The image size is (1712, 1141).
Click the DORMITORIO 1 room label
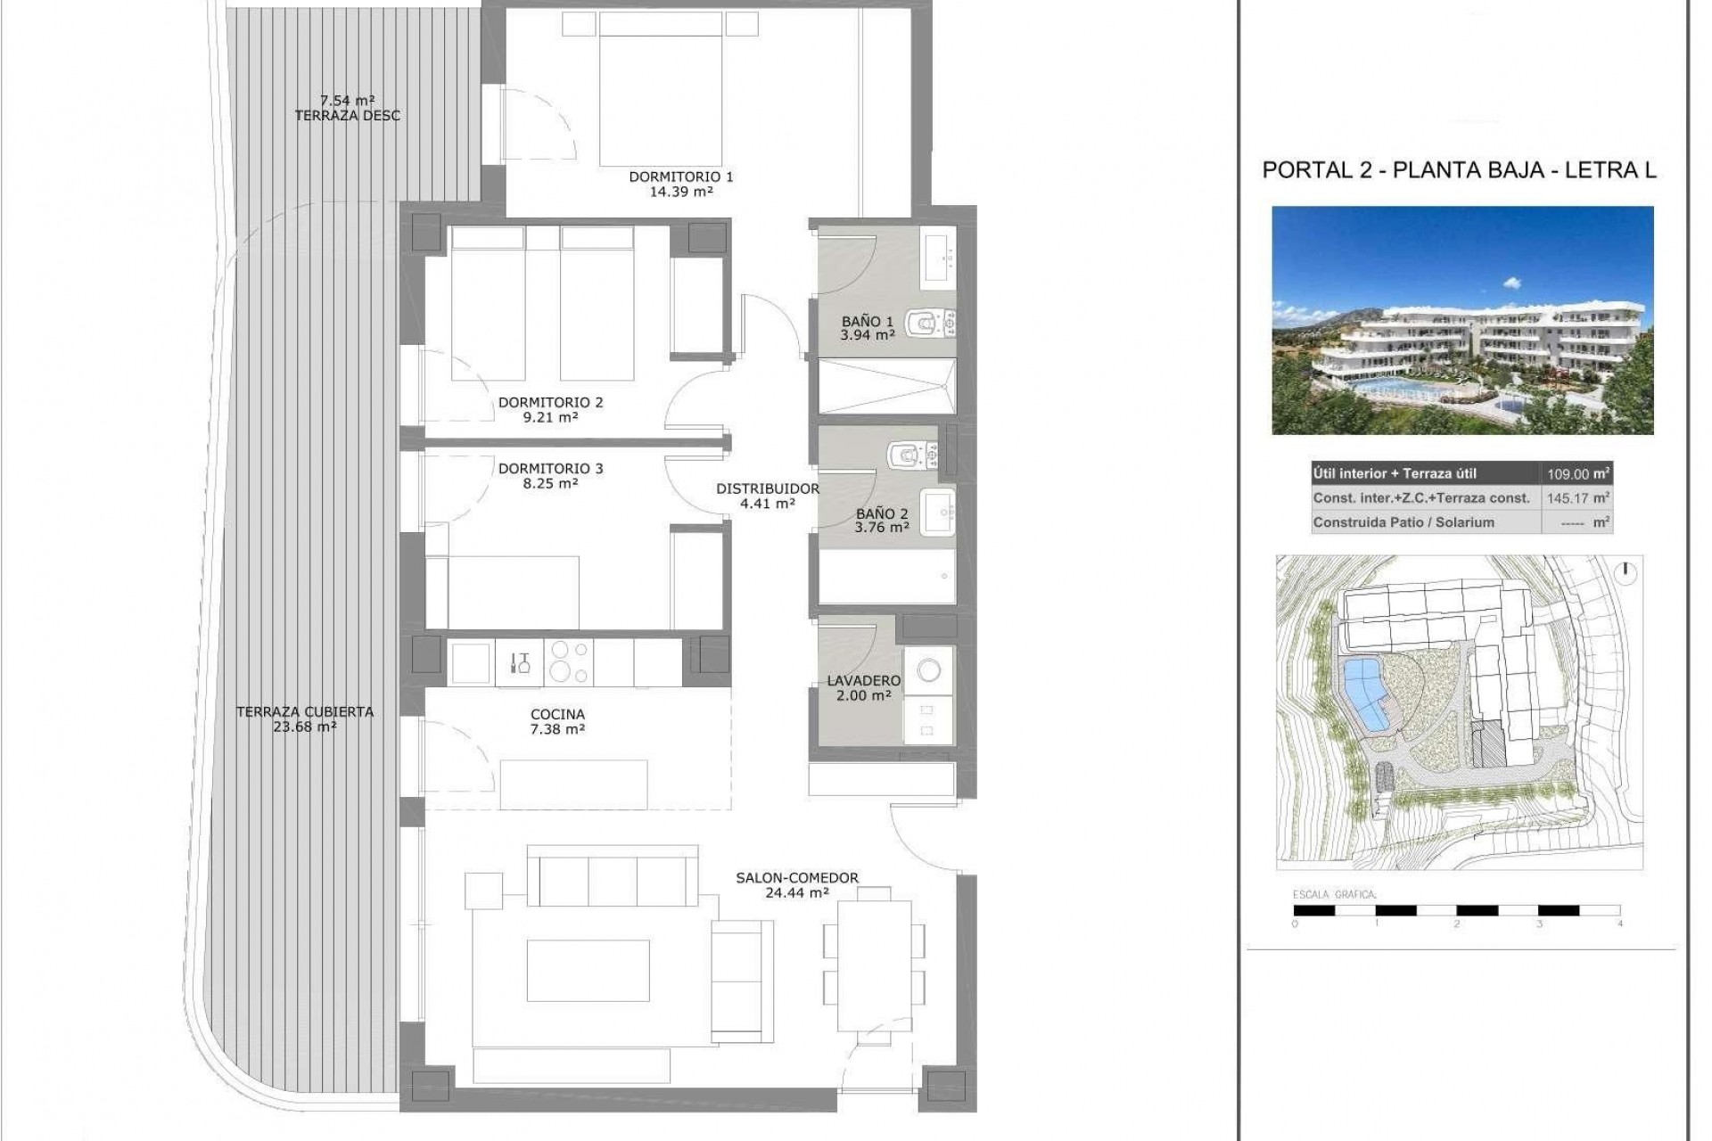click(x=680, y=176)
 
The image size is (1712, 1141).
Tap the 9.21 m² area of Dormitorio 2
click(x=550, y=416)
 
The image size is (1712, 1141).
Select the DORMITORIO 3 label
click(x=550, y=468)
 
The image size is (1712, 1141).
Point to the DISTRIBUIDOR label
click(x=767, y=488)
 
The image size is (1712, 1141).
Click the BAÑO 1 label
click(x=867, y=321)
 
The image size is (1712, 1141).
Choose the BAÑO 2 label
click(x=881, y=513)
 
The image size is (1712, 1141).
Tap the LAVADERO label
click(x=863, y=680)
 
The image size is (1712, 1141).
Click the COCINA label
click(x=557, y=714)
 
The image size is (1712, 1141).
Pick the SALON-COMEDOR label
click(x=796, y=877)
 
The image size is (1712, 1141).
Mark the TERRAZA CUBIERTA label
click(x=304, y=711)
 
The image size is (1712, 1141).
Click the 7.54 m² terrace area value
click(x=347, y=101)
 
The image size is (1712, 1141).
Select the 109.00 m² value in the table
click(x=1577, y=474)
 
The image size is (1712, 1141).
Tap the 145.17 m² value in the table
click(x=1577, y=498)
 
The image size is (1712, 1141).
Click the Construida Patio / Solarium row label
click(x=1403, y=522)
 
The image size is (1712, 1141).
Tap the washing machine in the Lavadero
click(x=928, y=670)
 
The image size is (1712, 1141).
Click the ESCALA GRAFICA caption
click(x=1334, y=894)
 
